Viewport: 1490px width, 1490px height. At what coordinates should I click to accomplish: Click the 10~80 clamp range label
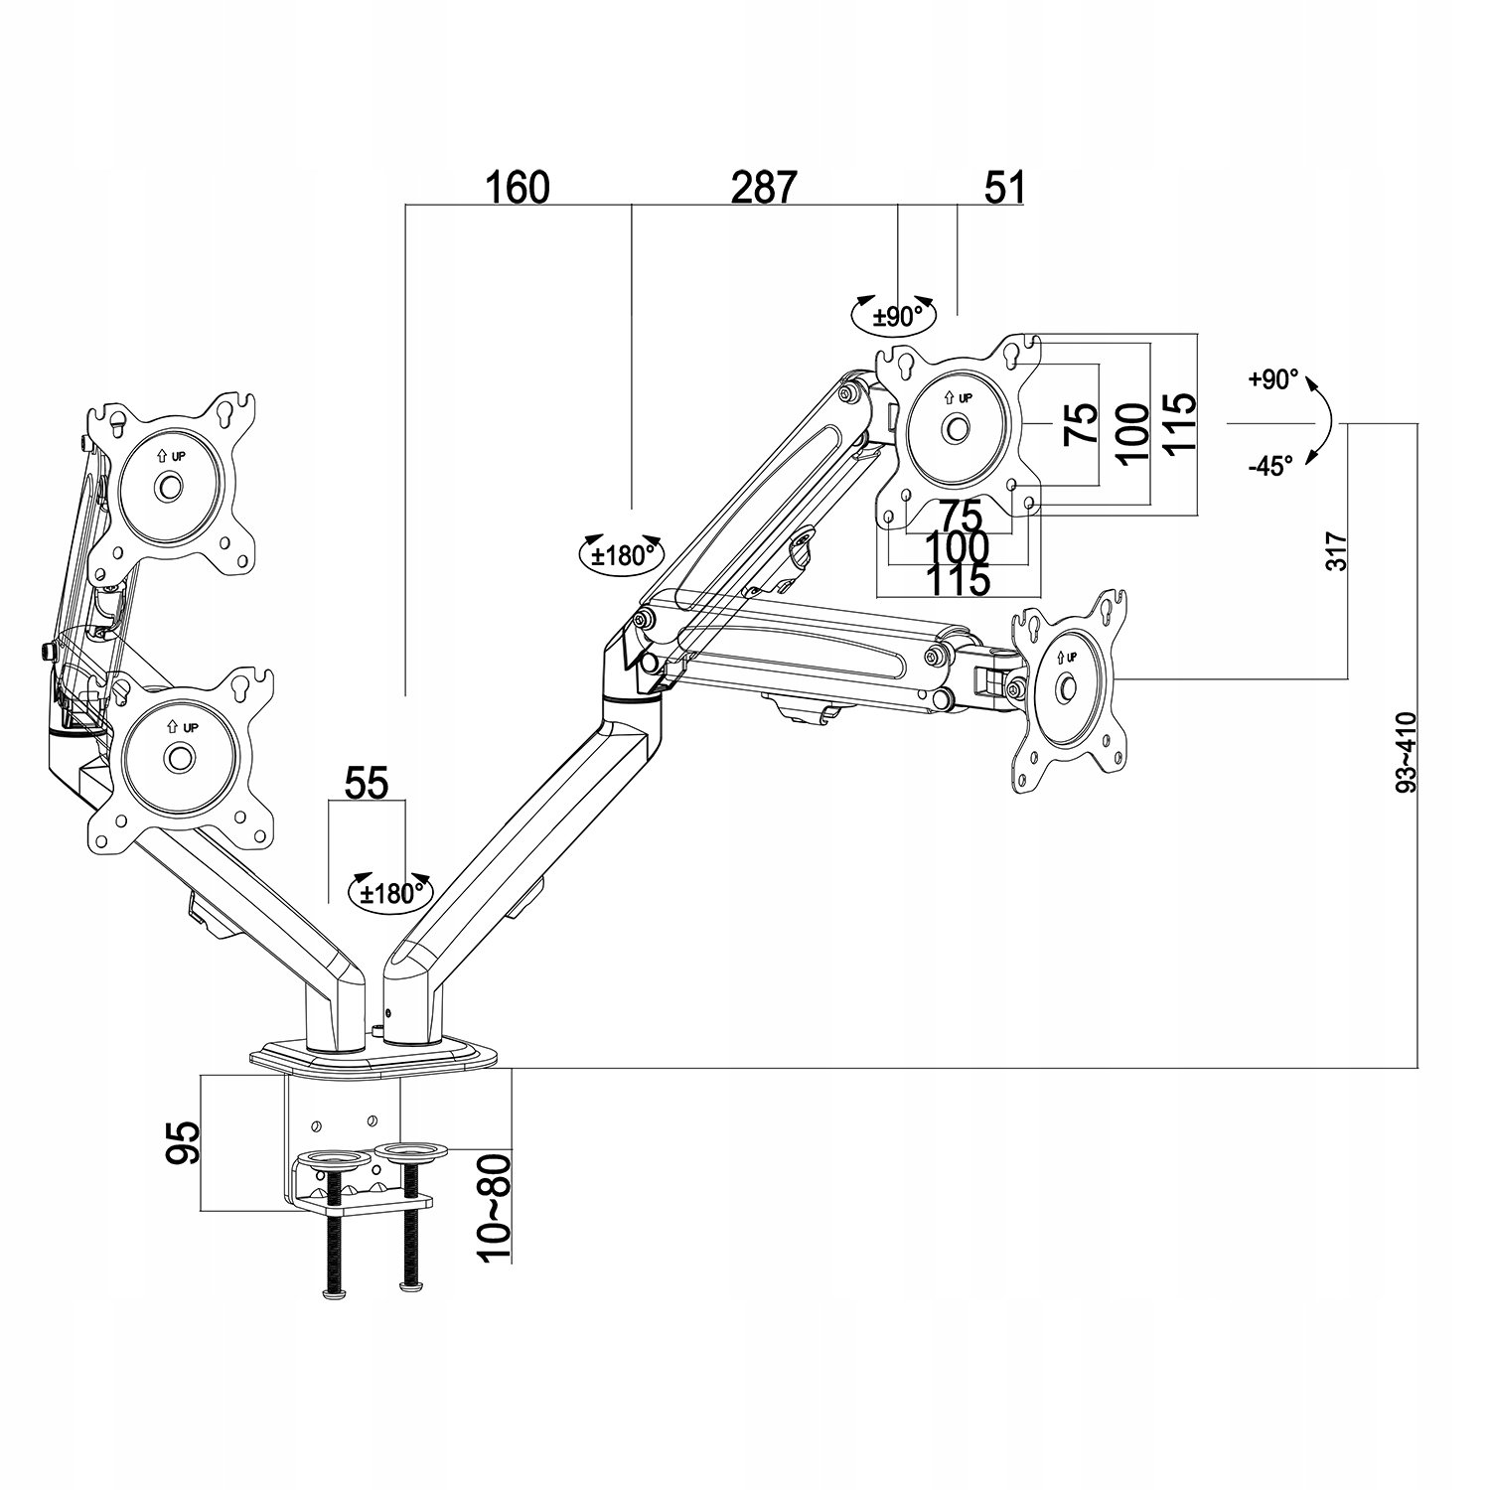tap(494, 1207)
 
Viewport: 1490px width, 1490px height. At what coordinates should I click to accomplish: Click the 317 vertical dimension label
tap(1337, 549)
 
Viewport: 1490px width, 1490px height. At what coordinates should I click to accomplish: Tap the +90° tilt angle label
tap(1273, 378)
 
